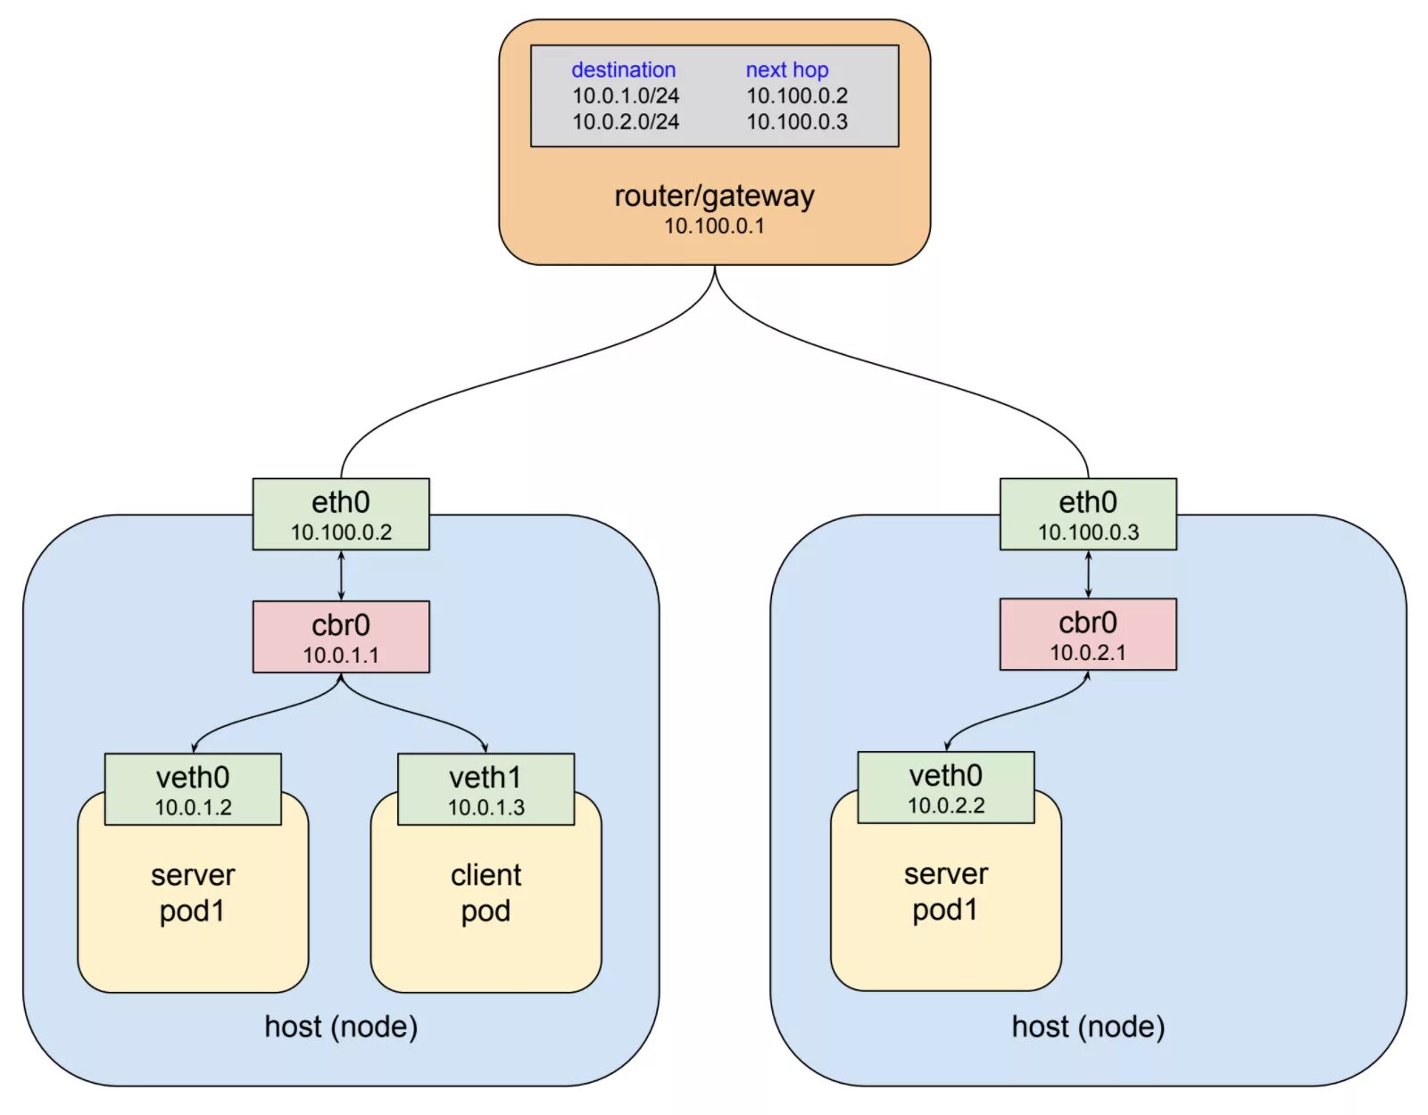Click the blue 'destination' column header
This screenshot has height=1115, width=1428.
(623, 70)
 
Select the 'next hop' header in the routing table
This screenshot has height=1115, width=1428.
(786, 70)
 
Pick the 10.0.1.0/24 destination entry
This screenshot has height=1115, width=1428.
(626, 95)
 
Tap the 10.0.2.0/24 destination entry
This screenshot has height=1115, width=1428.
(626, 122)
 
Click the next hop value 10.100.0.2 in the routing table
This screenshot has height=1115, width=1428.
(797, 95)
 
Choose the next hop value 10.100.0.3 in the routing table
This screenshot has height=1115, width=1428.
(797, 122)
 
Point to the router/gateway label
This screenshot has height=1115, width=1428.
(714, 195)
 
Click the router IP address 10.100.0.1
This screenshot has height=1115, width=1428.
(714, 226)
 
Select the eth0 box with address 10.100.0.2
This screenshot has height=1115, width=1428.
(341, 514)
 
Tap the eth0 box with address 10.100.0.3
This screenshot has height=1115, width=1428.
(1088, 514)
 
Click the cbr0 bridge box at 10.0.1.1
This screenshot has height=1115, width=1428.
(341, 636)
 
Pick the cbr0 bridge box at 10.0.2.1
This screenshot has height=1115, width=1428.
(1088, 633)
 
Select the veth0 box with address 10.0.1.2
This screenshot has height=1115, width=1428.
(193, 789)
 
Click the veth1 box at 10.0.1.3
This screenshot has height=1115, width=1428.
(486, 789)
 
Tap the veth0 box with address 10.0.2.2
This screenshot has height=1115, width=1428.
(946, 787)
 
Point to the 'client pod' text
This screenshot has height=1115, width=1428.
(486, 893)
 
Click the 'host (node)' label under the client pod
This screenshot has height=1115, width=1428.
(341, 1027)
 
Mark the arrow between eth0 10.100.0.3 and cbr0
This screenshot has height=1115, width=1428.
(1088, 574)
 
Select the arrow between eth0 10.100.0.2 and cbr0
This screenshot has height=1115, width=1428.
(341, 575)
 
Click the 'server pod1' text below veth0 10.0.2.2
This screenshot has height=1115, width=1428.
(946, 892)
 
